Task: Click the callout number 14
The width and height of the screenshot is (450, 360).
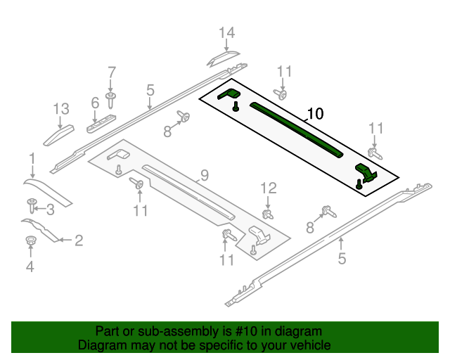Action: (226, 32)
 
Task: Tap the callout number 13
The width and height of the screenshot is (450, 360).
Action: (61, 108)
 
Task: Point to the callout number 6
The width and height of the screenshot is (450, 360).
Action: (95, 103)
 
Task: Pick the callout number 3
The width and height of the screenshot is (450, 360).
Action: (50, 208)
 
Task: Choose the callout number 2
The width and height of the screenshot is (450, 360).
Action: (79, 240)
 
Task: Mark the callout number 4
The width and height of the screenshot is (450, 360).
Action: (30, 266)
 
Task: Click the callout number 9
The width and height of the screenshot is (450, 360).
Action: (205, 174)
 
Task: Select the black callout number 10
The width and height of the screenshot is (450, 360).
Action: (315, 113)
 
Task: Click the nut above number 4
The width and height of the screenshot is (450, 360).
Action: (30, 243)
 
